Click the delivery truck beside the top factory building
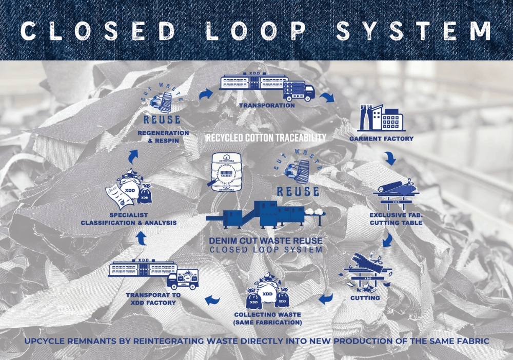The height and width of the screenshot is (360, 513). (299, 90)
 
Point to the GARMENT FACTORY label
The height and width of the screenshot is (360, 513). (381, 138)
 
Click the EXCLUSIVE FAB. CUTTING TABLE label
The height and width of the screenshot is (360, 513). (396, 219)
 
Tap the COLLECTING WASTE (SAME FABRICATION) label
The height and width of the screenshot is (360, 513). (268, 318)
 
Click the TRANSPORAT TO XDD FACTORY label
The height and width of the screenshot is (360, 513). (151, 299)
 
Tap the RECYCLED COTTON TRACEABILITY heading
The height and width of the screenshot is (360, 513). (266, 137)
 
